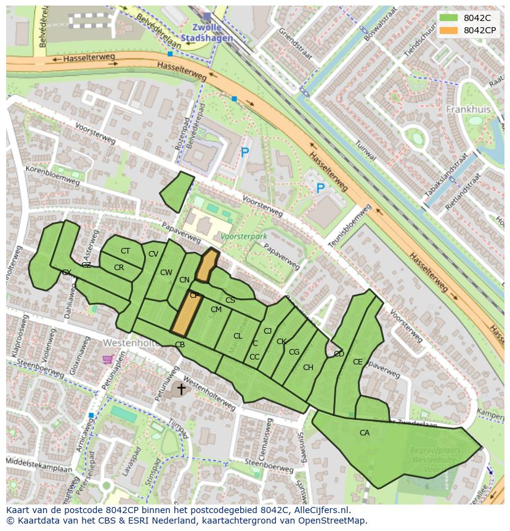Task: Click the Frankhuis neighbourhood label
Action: [x=467, y=109]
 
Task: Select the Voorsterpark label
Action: [x=243, y=236]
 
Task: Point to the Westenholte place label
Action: [x=127, y=342]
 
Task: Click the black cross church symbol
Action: [x=181, y=389]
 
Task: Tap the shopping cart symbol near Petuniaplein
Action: [x=108, y=359]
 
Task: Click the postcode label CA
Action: [x=365, y=433]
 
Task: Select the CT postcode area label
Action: [x=125, y=251]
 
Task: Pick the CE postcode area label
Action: [x=358, y=362]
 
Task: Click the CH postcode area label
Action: [x=308, y=368]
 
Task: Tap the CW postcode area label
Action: [x=166, y=273]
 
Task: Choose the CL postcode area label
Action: [x=238, y=336]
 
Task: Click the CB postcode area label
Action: [x=180, y=345]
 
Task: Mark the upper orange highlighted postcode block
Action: [x=207, y=265]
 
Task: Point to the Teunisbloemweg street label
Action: [x=350, y=227]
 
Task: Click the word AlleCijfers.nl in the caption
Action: [x=320, y=510]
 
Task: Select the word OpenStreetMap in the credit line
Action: [x=336, y=521]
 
